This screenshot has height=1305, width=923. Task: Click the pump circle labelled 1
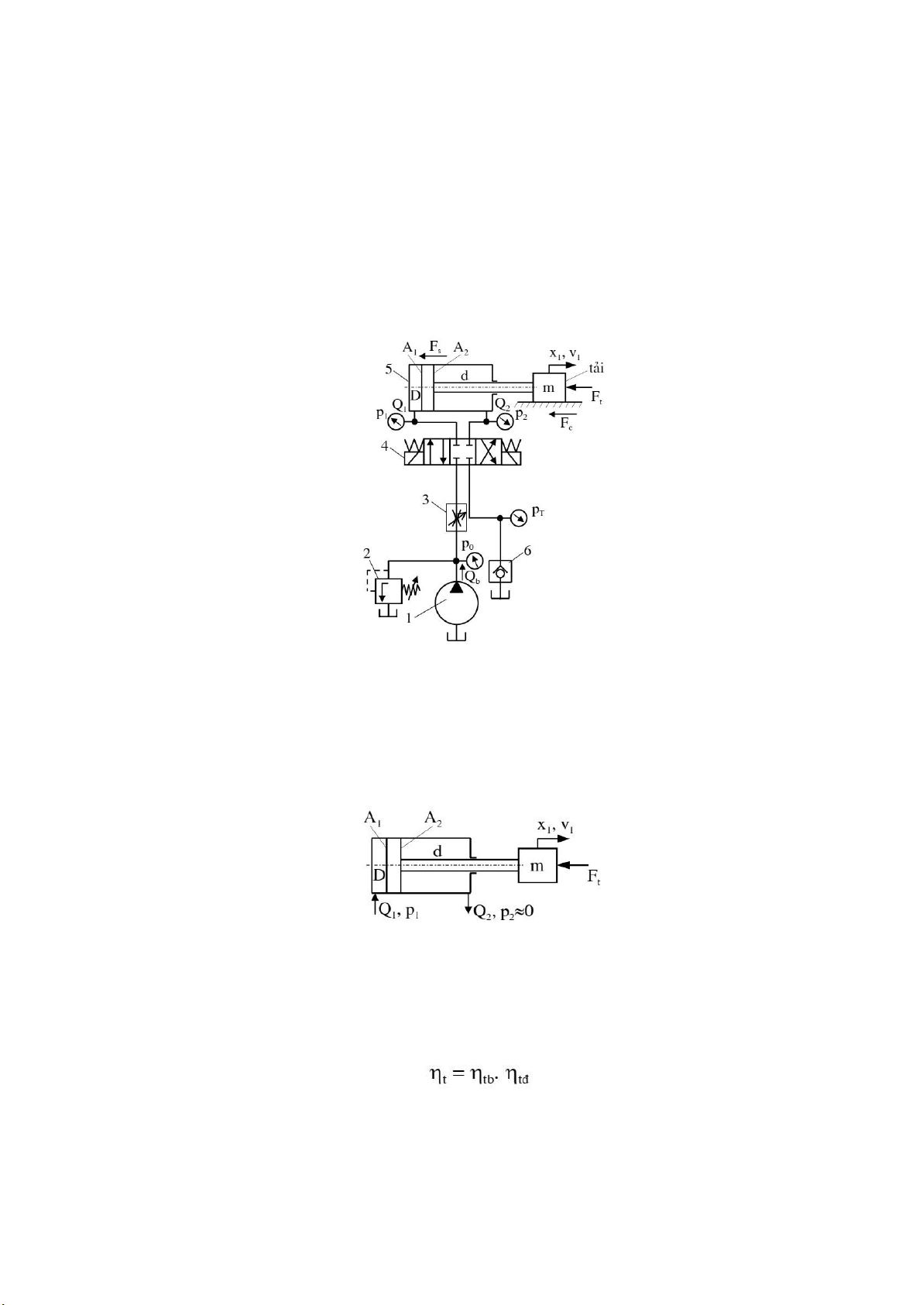[457, 603]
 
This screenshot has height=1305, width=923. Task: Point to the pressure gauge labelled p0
[475, 561]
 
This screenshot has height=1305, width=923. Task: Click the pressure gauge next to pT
[518, 517]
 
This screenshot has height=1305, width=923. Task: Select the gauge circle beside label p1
[396, 421]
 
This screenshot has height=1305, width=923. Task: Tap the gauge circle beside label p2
[504, 421]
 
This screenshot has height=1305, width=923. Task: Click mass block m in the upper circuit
[548, 386]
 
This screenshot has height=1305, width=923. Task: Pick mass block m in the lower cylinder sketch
[537, 865]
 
